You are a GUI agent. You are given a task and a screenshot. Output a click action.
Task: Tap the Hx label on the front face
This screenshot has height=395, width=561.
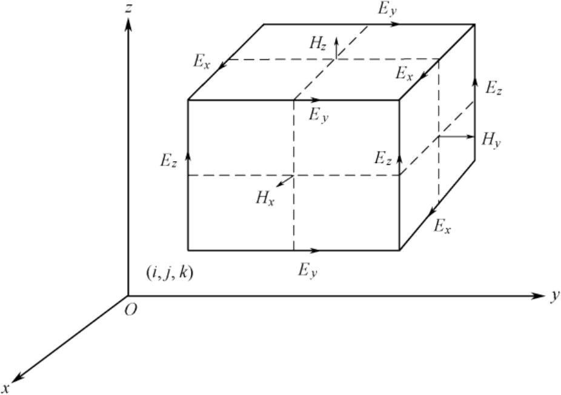pyautogui.click(x=265, y=197)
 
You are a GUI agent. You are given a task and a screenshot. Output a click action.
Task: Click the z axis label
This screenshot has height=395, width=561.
pyautogui.click(x=142, y=8)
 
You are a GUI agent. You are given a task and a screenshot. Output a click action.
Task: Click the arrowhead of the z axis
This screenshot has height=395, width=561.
pyautogui.click(x=128, y=23)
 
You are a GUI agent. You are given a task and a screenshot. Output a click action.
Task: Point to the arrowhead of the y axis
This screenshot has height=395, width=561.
pyautogui.click(x=540, y=296)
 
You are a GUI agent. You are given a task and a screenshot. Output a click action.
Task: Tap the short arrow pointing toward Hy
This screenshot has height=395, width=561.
pyautogui.click(x=458, y=137)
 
